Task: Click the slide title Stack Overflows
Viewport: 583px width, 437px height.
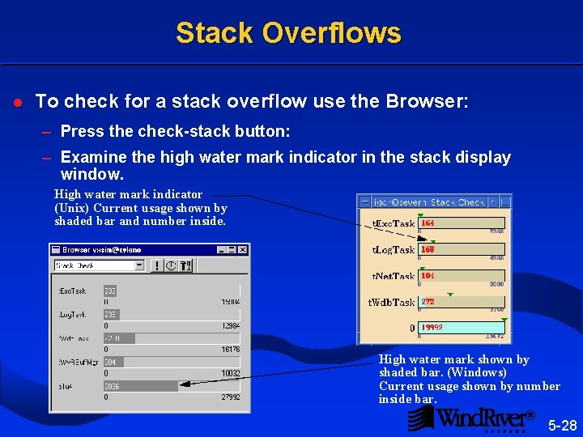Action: click(x=288, y=33)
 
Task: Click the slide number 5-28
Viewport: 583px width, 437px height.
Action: click(x=562, y=425)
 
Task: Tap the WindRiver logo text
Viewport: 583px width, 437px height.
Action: click(x=483, y=418)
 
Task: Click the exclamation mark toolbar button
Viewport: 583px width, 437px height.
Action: click(x=156, y=265)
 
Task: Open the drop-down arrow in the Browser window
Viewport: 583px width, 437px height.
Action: click(x=139, y=265)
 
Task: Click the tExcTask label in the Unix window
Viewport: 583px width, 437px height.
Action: click(x=393, y=223)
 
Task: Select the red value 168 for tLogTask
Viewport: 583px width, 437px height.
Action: click(x=428, y=249)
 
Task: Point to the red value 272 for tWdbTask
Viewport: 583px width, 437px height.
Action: click(x=428, y=302)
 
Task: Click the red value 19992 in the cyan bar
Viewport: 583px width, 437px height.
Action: click(x=432, y=328)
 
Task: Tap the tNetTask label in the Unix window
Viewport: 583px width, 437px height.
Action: click(x=393, y=276)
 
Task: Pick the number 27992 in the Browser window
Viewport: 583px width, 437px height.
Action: click(x=230, y=397)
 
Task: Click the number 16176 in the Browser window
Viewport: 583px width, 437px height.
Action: click(x=230, y=350)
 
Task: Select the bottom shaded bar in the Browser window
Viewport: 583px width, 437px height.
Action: click(x=140, y=387)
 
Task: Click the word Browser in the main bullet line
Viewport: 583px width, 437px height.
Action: click(x=433, y=101)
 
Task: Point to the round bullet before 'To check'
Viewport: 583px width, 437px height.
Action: click(x=17, y=102)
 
